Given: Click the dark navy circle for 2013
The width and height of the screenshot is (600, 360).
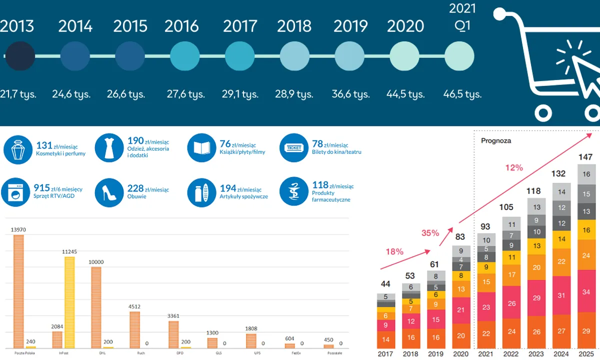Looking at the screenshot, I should [19, 55].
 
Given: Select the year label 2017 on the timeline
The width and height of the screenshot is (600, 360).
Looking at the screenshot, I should [240, 26].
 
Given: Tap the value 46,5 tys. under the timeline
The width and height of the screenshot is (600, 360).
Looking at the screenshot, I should [462, 94].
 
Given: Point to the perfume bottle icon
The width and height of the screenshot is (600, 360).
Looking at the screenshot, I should [17, 148].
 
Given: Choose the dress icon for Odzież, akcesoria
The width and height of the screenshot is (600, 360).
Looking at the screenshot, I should [109, 148].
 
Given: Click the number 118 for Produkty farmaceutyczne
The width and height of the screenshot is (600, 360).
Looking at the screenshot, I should [319, 186].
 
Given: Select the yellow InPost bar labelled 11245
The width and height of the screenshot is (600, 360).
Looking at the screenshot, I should [69, 302].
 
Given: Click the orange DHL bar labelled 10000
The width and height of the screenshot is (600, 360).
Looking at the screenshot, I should [96, 307].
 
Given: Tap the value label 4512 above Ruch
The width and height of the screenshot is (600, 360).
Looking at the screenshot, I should [134, 306].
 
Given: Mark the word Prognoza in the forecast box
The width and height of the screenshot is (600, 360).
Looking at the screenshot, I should [496, 140].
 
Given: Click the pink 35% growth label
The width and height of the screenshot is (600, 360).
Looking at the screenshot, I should [429, 233].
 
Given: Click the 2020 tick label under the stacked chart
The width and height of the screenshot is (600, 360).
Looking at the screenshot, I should [460, 354].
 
